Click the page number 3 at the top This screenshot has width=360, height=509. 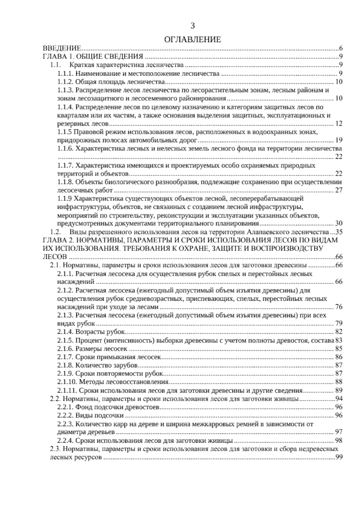point(193,26)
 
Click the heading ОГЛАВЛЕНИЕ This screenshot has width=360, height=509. point(193,39)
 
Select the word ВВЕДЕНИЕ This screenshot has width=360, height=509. point(62,48)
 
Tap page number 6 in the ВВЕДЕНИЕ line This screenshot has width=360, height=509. point(341,48)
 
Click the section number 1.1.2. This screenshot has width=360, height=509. point(66,82)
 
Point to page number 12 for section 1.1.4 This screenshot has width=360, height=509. point(339,124)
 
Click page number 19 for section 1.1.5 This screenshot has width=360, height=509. point(339,140)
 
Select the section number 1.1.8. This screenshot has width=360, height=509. point(66,182)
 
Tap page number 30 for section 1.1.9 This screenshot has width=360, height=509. point(339,224)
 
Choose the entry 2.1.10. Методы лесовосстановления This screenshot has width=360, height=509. point(113,382)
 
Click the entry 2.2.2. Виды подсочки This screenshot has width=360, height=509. point(90,416)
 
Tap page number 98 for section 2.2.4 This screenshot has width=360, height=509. point(339,441)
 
